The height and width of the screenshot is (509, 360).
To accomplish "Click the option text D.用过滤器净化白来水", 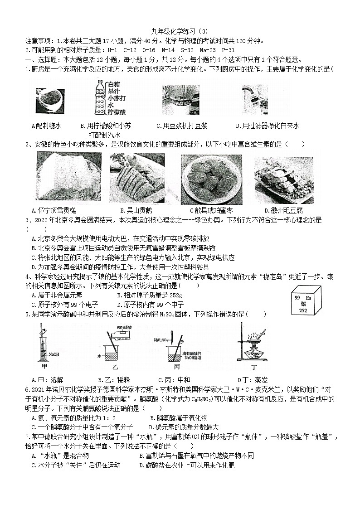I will pos(268,126).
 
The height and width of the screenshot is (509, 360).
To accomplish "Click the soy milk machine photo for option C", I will pos(180,100).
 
